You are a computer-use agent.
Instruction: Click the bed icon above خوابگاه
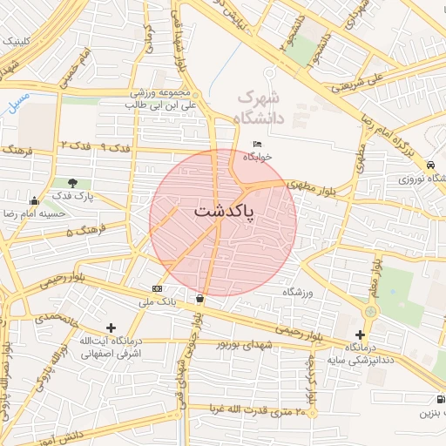tap(257, 144)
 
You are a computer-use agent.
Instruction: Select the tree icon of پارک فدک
tap(72, 183)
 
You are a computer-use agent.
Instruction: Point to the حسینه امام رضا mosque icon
tap(34, 201)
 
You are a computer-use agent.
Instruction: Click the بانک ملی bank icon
tap(157, 288)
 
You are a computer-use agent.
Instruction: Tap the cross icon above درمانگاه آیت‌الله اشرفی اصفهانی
tap(110, 327)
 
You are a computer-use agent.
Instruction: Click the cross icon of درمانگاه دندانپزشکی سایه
tap(361, 334)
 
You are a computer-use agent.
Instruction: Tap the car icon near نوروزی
tap(432, 165)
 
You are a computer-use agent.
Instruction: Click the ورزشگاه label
tap(297, 292)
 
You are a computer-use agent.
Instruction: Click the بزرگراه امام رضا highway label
tap(402, 122)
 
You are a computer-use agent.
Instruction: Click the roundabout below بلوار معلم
tap(372, 311)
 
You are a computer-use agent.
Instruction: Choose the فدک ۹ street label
tap(116, 145)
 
